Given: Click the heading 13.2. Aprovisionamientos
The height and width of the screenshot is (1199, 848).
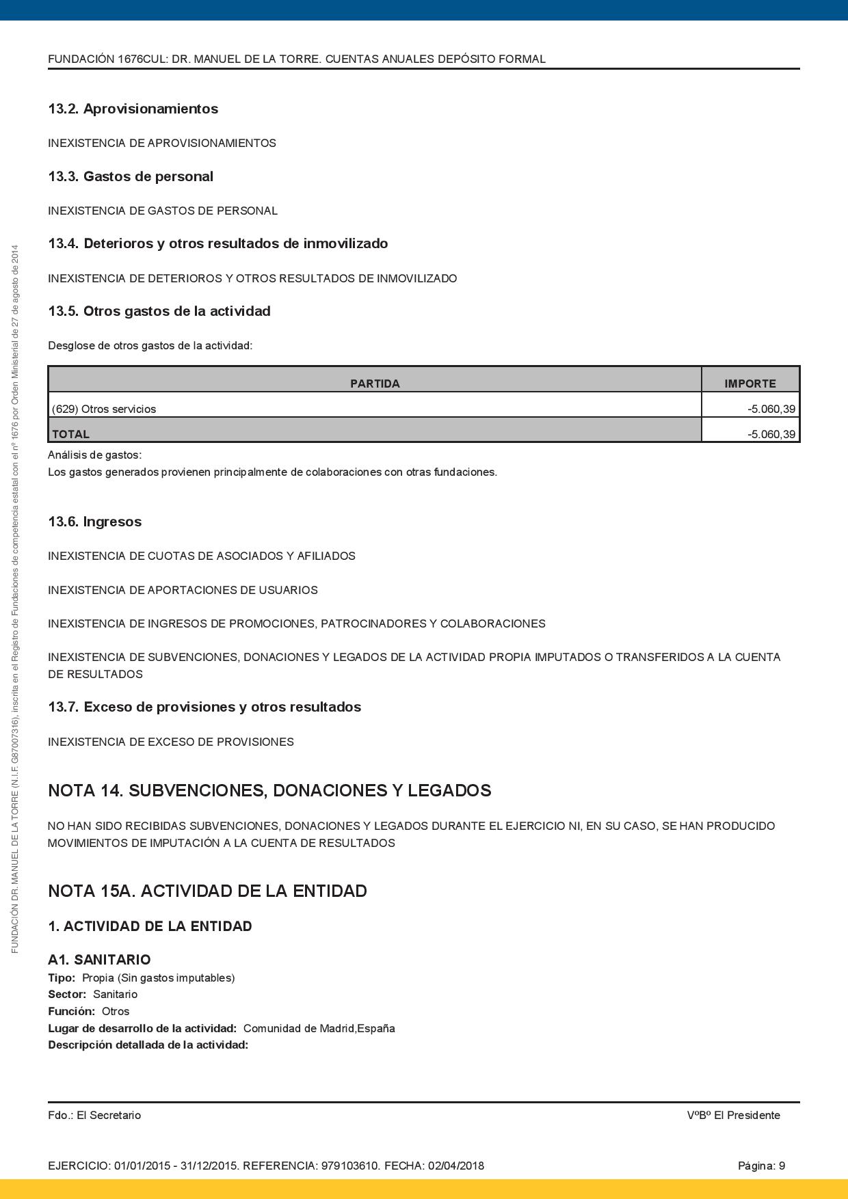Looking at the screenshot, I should pos(133,109).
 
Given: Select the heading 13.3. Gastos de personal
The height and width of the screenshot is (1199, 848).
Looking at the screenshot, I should pos(130,176).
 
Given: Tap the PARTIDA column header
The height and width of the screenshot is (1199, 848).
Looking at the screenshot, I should pos(375,383).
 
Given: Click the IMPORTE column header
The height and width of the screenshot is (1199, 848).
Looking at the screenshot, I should pos(750,383).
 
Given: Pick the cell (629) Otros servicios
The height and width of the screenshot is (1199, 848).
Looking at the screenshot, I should pos(104,409).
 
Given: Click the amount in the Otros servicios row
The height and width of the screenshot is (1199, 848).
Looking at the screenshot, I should pos(771,409).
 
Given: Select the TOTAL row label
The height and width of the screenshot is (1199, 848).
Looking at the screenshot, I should pos(70,434).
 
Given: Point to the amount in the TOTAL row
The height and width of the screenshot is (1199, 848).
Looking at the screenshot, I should pos(771,434).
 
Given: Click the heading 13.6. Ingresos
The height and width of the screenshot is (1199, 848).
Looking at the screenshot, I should pos(94,522).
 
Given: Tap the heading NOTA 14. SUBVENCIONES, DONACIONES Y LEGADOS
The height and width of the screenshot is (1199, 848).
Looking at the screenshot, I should pos(269,791).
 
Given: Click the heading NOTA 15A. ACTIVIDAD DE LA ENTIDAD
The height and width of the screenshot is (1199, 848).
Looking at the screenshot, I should pos(207,891).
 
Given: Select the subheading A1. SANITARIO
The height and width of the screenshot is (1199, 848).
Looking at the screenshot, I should pos(99,960).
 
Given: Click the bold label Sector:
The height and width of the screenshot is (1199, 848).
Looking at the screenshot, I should pos(67,995).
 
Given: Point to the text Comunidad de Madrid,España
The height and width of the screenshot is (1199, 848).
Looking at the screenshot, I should pos(319,1028).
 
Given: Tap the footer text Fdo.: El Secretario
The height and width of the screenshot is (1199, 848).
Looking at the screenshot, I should pos(94,1115).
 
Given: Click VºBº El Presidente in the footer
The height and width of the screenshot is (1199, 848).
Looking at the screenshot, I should pos(733,1115).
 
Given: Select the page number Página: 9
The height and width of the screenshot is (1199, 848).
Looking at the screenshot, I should pos(761,1166).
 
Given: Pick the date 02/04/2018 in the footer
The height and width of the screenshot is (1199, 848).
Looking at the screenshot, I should pos(456,1166).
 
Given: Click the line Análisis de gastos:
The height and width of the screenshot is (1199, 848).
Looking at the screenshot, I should pos(94,455).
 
